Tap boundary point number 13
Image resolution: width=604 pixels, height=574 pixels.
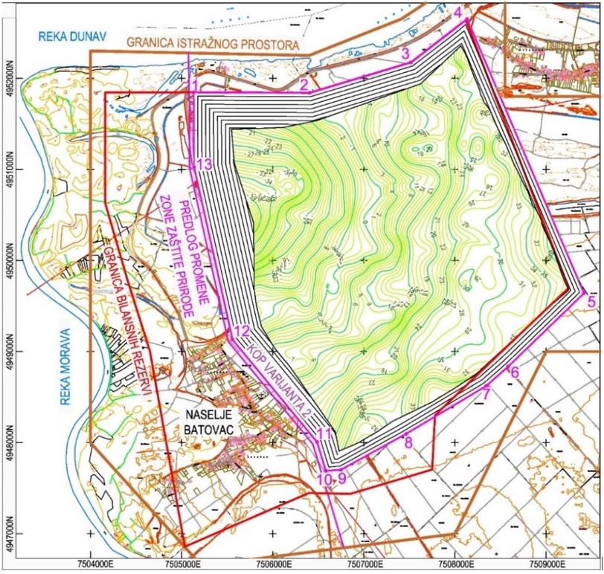click(x=205, y=165)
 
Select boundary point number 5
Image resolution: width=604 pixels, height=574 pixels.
click(x=591, y=301)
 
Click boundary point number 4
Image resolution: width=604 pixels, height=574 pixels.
click(x=457, y=13)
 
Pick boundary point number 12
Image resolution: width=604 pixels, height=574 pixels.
click(x=240, y=332)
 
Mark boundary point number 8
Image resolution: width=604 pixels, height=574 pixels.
click(x=408, y=442)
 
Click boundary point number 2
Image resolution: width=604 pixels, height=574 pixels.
click(x=304, y=86)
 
